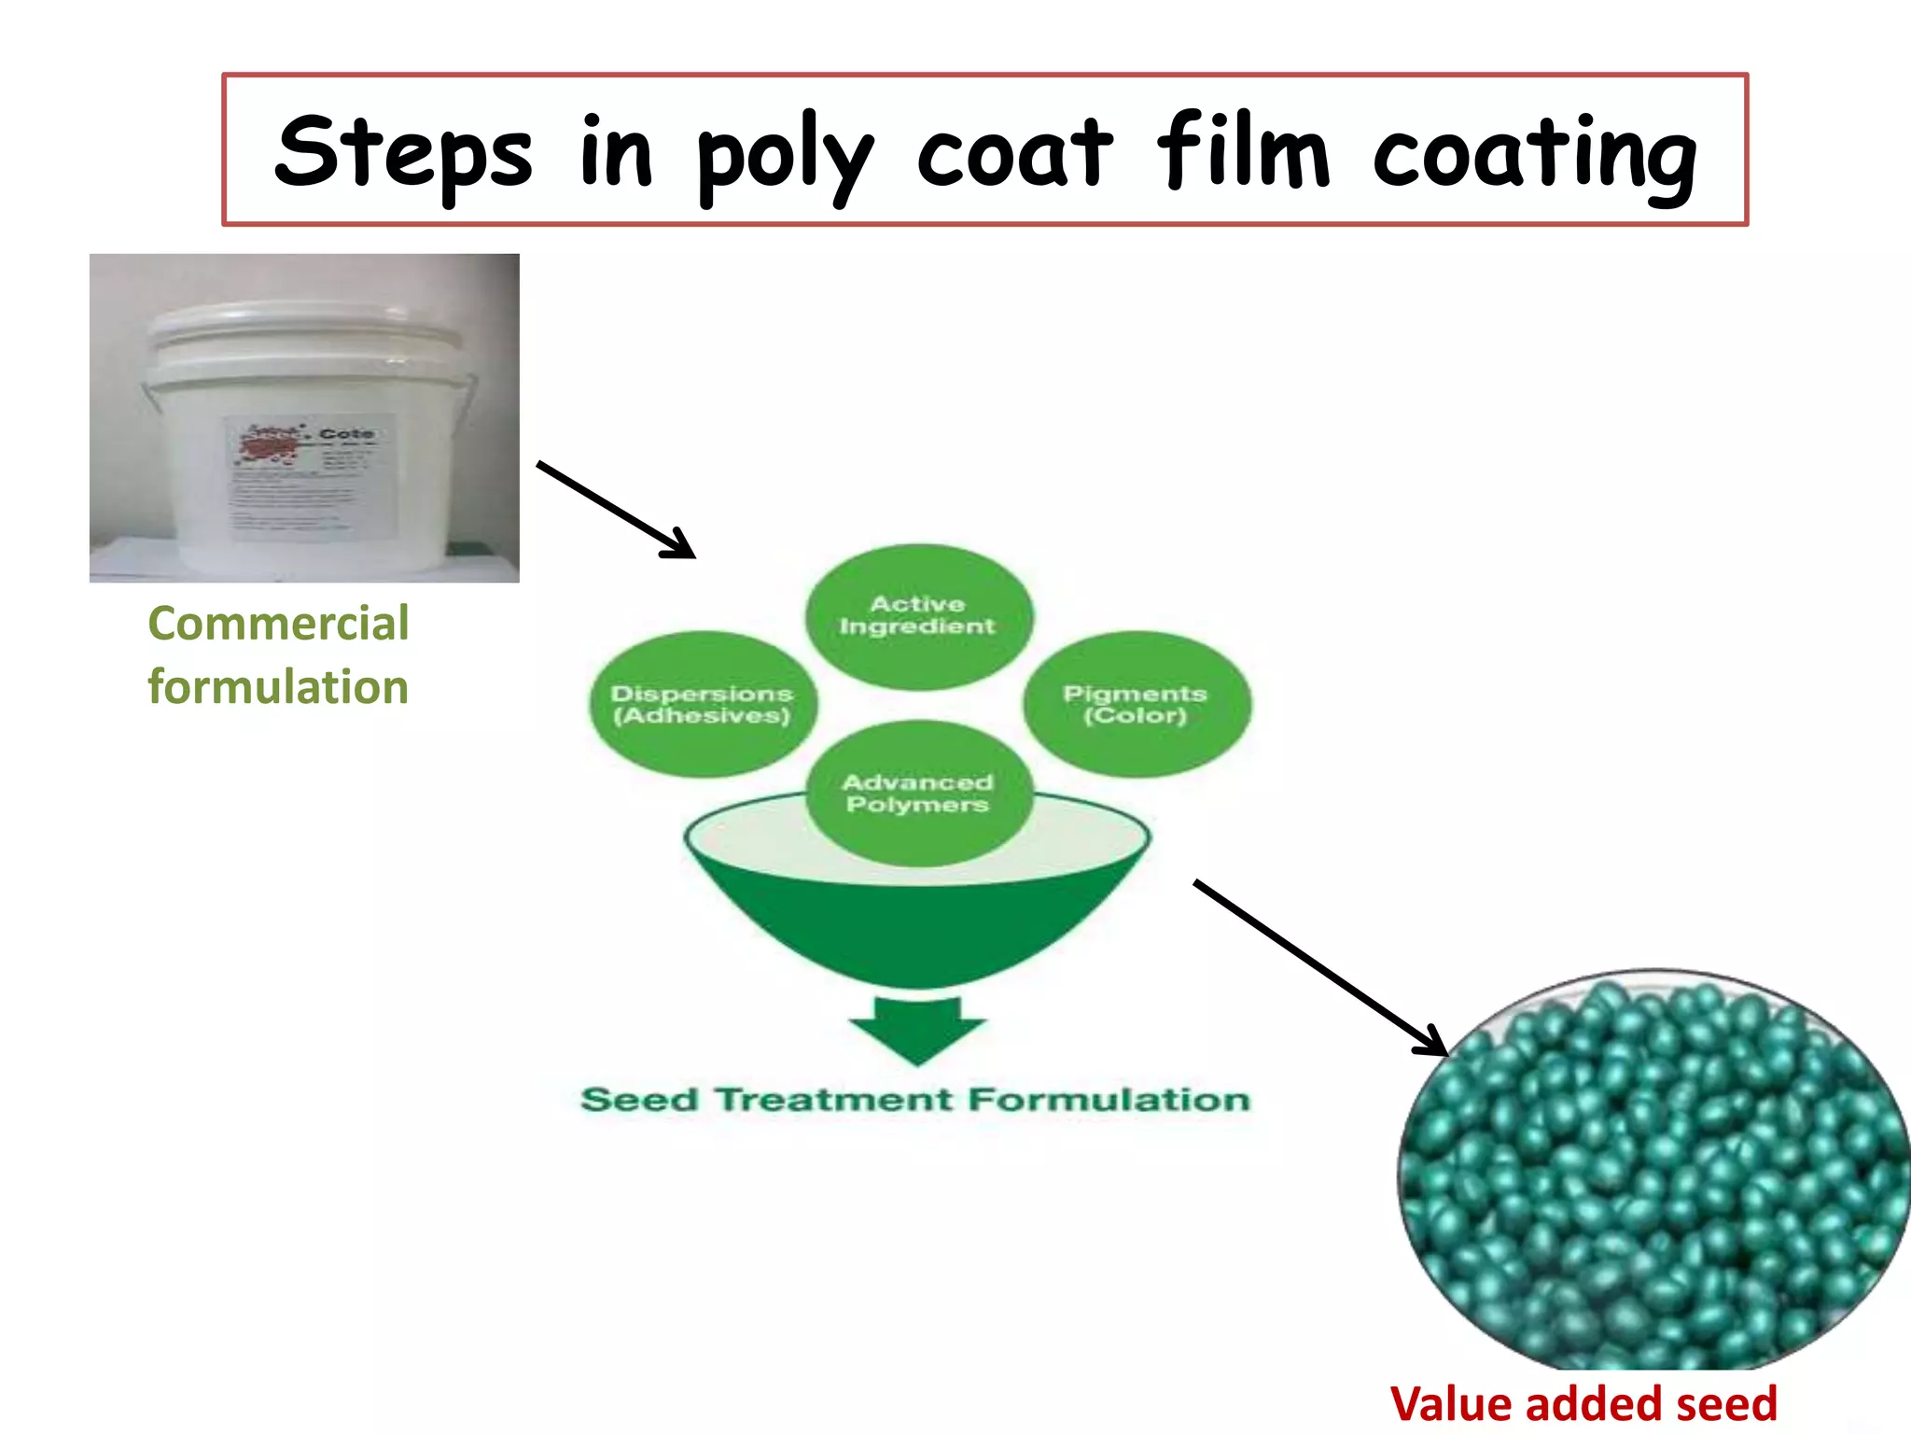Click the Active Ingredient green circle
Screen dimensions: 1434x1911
[x=919, y=616]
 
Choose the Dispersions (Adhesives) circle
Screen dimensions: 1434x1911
[x=702, y=705]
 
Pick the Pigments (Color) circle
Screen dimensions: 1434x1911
[x=1136, y=705]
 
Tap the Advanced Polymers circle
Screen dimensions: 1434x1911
[x=919, y=794]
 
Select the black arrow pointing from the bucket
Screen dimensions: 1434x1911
[x=616, y=510]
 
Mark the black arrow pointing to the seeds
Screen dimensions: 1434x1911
[x=1319, y=967]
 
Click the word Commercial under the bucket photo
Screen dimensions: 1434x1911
[x=278, y=624]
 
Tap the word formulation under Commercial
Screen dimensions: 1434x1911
[x=278, y=687]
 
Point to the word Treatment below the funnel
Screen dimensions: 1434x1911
[x=834, y=1100]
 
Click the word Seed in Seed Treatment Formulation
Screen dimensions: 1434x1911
[x=639, y=1100]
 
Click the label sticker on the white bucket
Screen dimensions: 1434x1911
[x=310, y=476]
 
